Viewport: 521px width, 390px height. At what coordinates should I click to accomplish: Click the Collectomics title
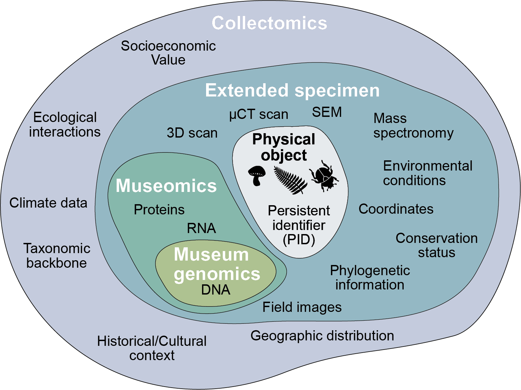(x=269, y=23)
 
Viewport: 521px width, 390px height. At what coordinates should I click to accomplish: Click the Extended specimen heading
(x=292, y=90)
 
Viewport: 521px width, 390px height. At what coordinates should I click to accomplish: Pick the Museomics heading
(x=166, y=186)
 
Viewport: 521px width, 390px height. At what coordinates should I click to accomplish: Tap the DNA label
(x=216, y=290)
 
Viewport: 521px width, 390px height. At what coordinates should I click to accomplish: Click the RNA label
(x=201, y=228)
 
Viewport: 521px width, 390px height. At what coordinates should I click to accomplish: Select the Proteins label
(x=159, y=210)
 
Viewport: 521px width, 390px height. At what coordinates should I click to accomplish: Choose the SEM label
(x=327, y=112)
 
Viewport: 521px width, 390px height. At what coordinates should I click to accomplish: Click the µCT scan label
(x=258, y=114)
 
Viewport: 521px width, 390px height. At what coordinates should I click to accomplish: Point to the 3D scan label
(x=192, y=133)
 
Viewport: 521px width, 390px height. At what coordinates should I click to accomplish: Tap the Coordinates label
(x=396, y=209)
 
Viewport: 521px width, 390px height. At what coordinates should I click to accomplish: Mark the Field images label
(x=302, y=307)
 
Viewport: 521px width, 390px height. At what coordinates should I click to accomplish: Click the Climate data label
(x=48, y=203)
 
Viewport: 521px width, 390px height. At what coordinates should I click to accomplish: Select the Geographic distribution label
(x=322, y=336)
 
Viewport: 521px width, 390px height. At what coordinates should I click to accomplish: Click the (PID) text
(x=299, y=240)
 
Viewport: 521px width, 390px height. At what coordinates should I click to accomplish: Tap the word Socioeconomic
(x=168, y=46)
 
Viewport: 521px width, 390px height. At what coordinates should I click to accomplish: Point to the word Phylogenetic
(x=370, y=271)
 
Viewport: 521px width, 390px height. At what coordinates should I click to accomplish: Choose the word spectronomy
(x=413, y=133)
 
